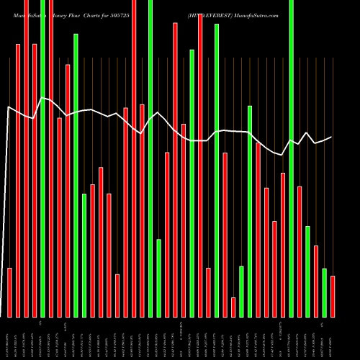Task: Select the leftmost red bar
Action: tap(10, 292)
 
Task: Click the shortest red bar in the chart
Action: tap(233, 307)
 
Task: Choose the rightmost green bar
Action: tap(325, 292)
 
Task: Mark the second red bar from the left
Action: tap(18, 180)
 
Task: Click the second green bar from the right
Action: tap(308, 271)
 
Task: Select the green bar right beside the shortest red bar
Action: tap(241, 292)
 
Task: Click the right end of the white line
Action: tap(332, 137)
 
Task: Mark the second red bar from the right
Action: tap(316, 281)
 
